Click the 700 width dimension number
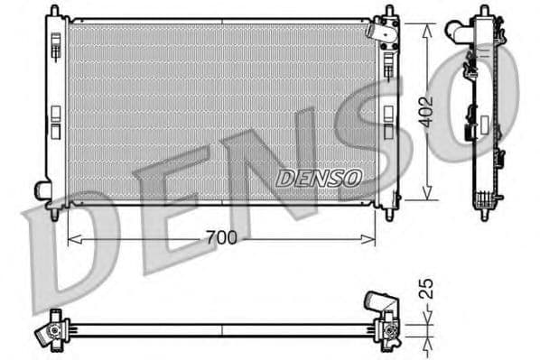pos(220,238)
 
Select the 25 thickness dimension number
pos(428,288)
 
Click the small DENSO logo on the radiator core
pos(318,178)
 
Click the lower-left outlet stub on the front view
pos(42,190)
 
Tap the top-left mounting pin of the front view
pos(54,12)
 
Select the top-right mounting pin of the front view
pos(389,12)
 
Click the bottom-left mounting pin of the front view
pos(54,214)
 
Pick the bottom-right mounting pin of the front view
pos(389,215)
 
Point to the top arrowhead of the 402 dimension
pos(427,23)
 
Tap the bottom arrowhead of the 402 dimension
pos(427,196)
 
